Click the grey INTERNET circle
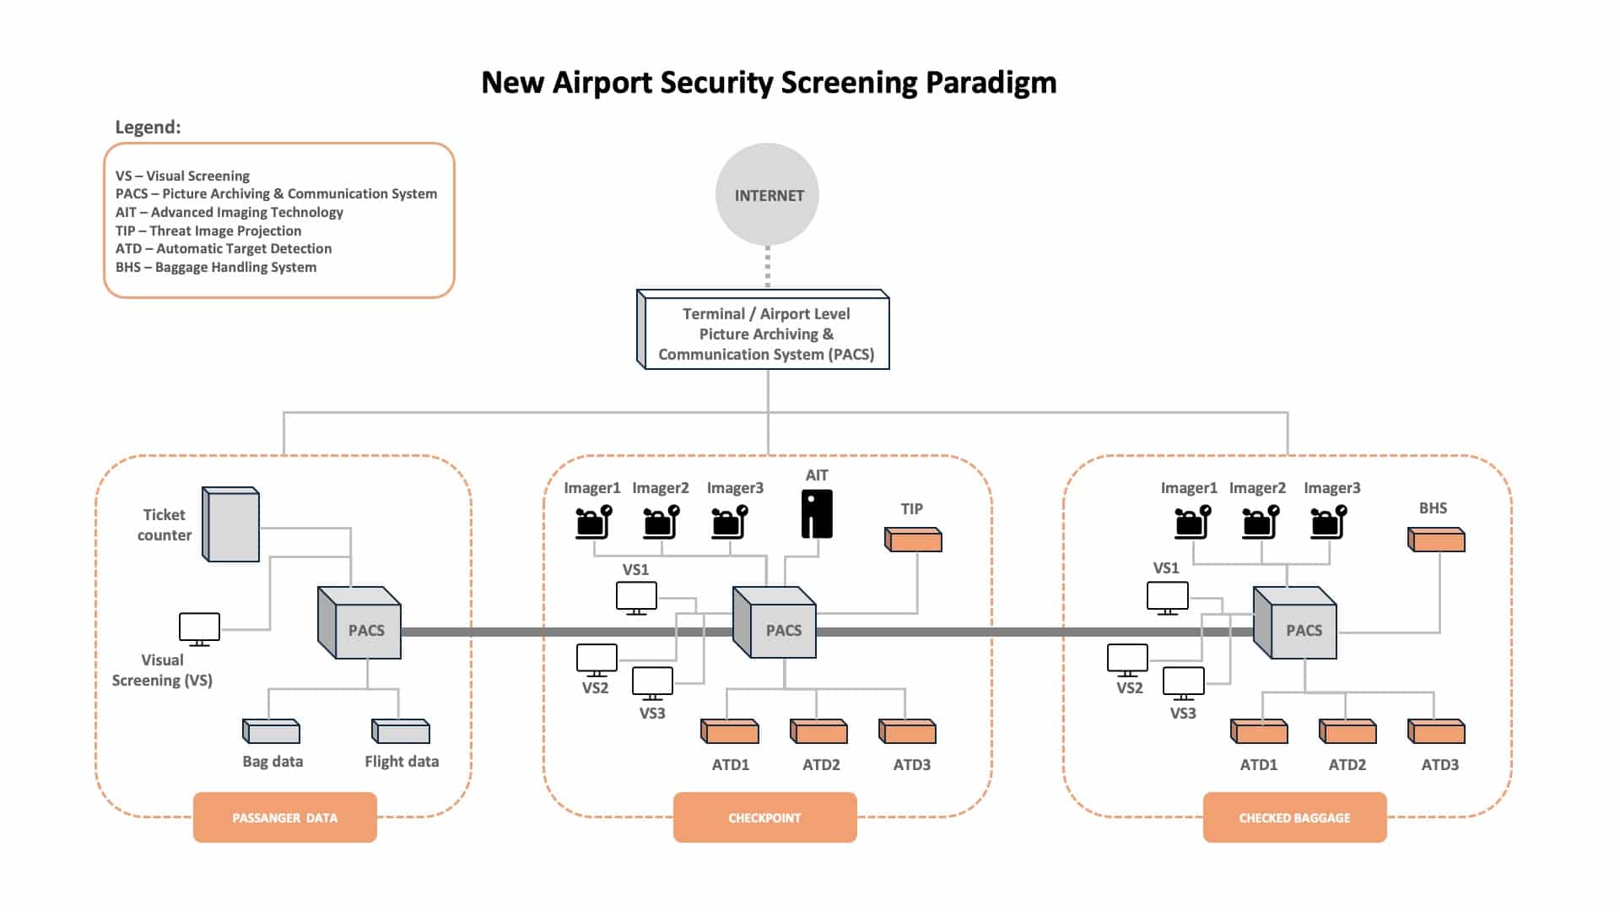click(x=767, y=195)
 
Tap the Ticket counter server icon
click(x=231, y=524)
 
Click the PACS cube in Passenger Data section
click(x=360, y=625)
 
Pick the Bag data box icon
click(x=272, y=731)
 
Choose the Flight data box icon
click(x=402, y=731)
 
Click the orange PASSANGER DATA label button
click(x=285, y=817)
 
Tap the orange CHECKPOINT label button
click(x=764, y=817)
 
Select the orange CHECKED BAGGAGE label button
click(x=1294, y=817)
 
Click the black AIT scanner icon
click(x=817, y=514)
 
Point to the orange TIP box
click(x=913, y=540)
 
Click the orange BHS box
click(x=1436, y=540)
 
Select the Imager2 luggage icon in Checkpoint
click(x=661, y=522)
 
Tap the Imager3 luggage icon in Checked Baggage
click(x=1328, y=522)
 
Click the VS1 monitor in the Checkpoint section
click(x=636, y=597)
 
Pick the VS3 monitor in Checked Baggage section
click(x=1183, y=682)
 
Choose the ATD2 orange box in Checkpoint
click(x=818, y=731)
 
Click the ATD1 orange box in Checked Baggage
click(x=1259, y=731)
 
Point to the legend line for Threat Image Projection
click(x=208, y=231)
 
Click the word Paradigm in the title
click(x=991, y=83)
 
